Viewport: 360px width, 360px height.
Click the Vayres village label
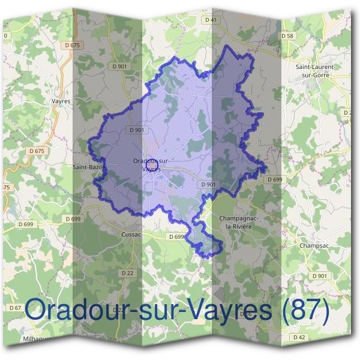coord(61,101)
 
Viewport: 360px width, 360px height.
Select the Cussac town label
coord(130,234)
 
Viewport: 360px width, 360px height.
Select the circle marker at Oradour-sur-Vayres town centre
coord(151,163)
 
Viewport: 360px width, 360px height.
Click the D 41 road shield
coord(210,20)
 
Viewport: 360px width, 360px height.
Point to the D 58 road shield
coord(289,36)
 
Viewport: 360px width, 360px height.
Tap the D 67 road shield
coord(16,307)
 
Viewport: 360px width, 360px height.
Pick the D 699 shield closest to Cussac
coord(176,237)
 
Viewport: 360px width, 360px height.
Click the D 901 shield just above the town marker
coord(136,130)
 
